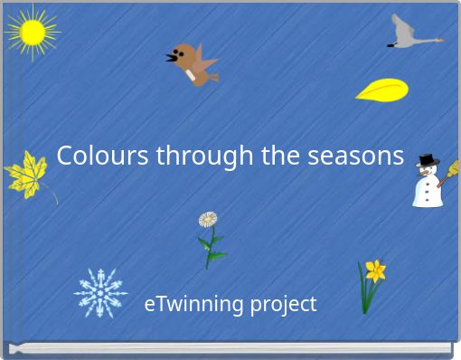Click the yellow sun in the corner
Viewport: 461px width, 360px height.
[32, 33]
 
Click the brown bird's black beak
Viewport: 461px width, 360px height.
[171, 59]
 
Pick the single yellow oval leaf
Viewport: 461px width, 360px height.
[381, 90]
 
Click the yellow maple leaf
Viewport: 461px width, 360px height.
[26, 175]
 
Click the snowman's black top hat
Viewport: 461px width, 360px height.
[427, 161]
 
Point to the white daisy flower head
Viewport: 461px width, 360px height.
[208, 219]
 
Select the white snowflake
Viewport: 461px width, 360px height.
[99, 292]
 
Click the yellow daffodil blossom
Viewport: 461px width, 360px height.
[375, 270]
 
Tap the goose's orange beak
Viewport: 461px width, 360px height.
[437, 40]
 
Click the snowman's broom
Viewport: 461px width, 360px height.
[448, 172]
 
